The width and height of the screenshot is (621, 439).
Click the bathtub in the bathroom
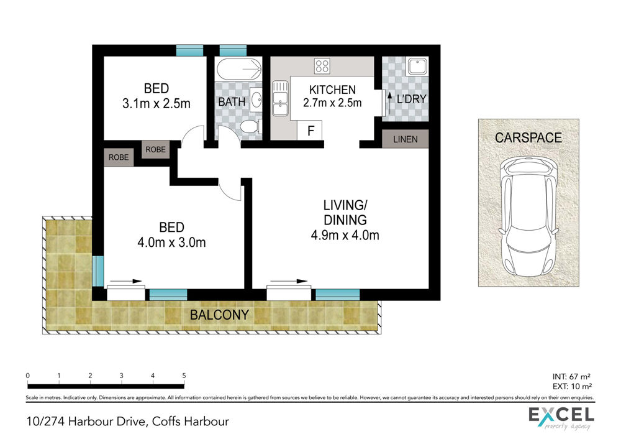pos(239,70)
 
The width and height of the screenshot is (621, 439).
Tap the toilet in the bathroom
pos(251,127)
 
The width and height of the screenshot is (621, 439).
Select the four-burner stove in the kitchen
pos(322,66)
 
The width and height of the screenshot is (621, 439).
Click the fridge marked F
pos(310,130)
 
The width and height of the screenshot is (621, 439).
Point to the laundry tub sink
pos(417,67)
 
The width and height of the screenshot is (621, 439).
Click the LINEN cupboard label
pos(405,139)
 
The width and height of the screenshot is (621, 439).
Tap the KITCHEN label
pos(332,90)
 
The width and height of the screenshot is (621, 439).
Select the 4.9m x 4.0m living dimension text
pos(345,235)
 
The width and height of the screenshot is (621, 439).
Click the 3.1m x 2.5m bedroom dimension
pos(156,103)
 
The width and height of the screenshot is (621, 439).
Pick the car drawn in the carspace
pos(528,216)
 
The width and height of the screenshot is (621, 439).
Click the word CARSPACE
pos(528,137)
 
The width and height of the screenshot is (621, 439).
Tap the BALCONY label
pos(219,315)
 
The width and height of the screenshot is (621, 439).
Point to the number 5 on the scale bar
pos(184,376)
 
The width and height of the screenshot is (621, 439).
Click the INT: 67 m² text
pos(571,377)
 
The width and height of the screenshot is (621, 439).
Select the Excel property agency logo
pos(561,418)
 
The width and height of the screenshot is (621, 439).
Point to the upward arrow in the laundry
pos(389,103)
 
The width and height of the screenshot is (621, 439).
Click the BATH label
pos(232,102)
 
